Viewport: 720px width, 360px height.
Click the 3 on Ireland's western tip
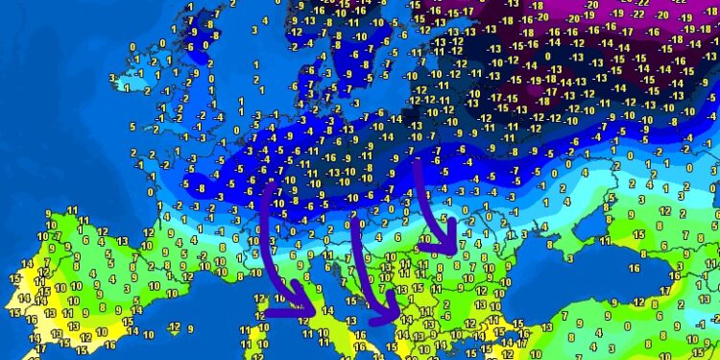[113, 78]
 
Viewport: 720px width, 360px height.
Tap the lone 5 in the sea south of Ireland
[132, 126]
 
